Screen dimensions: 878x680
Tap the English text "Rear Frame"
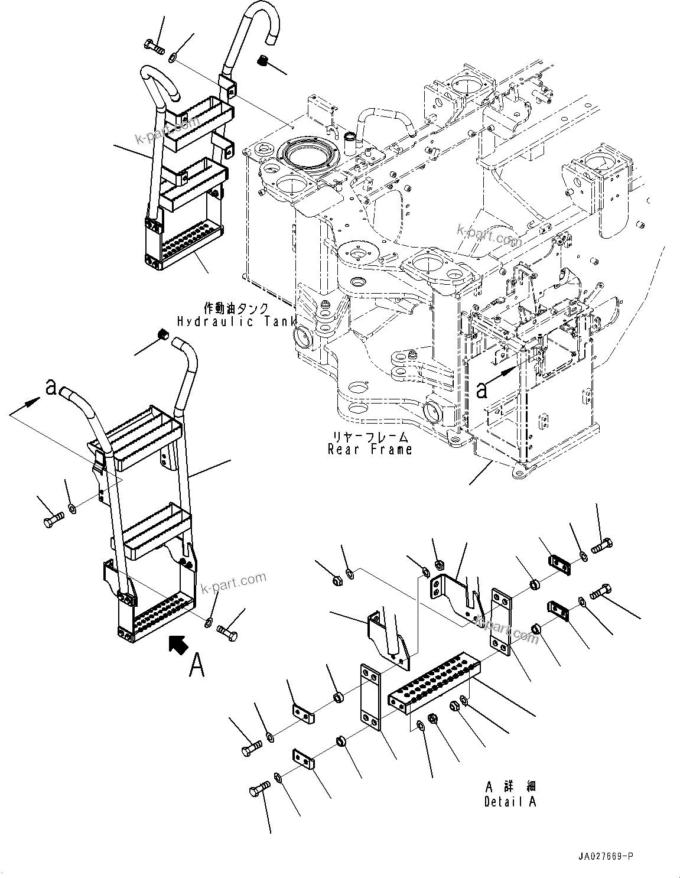tap(370, 450)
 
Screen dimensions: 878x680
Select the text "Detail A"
tap(510, 802)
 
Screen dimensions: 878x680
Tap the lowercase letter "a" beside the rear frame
tap(482, 390)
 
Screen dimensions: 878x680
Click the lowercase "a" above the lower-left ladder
tap(51, 387)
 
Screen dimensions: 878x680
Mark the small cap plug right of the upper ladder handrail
tap(263, 60)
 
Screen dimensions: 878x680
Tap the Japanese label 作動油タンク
tap(236, 308)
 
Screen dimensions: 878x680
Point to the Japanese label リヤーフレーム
tap(370, 437)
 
